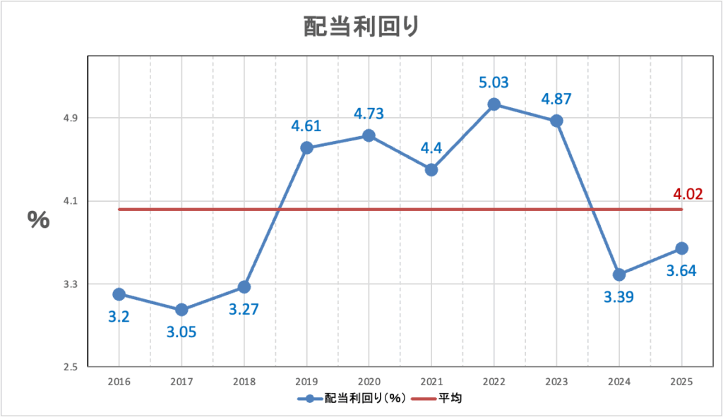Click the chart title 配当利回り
[361, 27]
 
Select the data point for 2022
[494, 104]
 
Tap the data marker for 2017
[181, 310]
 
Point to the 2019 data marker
[306, 147]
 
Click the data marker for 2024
[619, 274]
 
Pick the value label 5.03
[494, 83]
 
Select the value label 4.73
[369, 114]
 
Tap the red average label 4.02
[688, 194]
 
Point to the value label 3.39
[619, 296]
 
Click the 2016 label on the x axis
[119, 381]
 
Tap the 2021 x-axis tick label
[431, 381]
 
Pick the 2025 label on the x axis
[681, 381]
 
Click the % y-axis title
[39, 219]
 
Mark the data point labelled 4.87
[556, 121]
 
